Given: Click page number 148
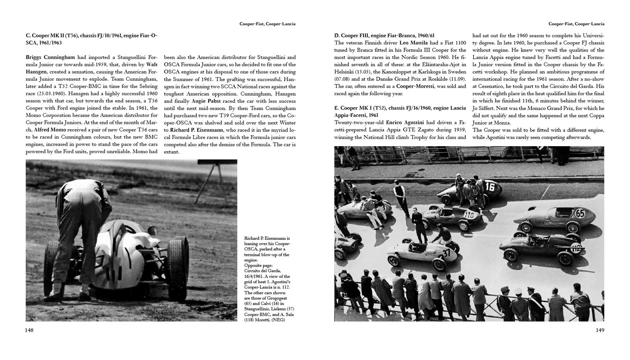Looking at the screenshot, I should click(30, 330).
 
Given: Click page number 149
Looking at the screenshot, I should click(600, 330).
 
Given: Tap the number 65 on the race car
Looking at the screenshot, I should click(580, 214).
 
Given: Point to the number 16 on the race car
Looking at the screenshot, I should click(489, 186).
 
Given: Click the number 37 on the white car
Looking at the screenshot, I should click(447, 252).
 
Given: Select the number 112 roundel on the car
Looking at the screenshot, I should click(576, 248).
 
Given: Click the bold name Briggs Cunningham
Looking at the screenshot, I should click(50, 57).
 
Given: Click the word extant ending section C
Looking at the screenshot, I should click(171, 152).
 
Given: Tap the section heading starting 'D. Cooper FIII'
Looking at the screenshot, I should click(384, 35).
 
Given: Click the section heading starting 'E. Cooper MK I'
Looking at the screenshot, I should click(400, 108).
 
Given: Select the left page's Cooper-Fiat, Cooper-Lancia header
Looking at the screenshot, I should click(267, 24).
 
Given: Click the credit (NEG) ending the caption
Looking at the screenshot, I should click(277, 320).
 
